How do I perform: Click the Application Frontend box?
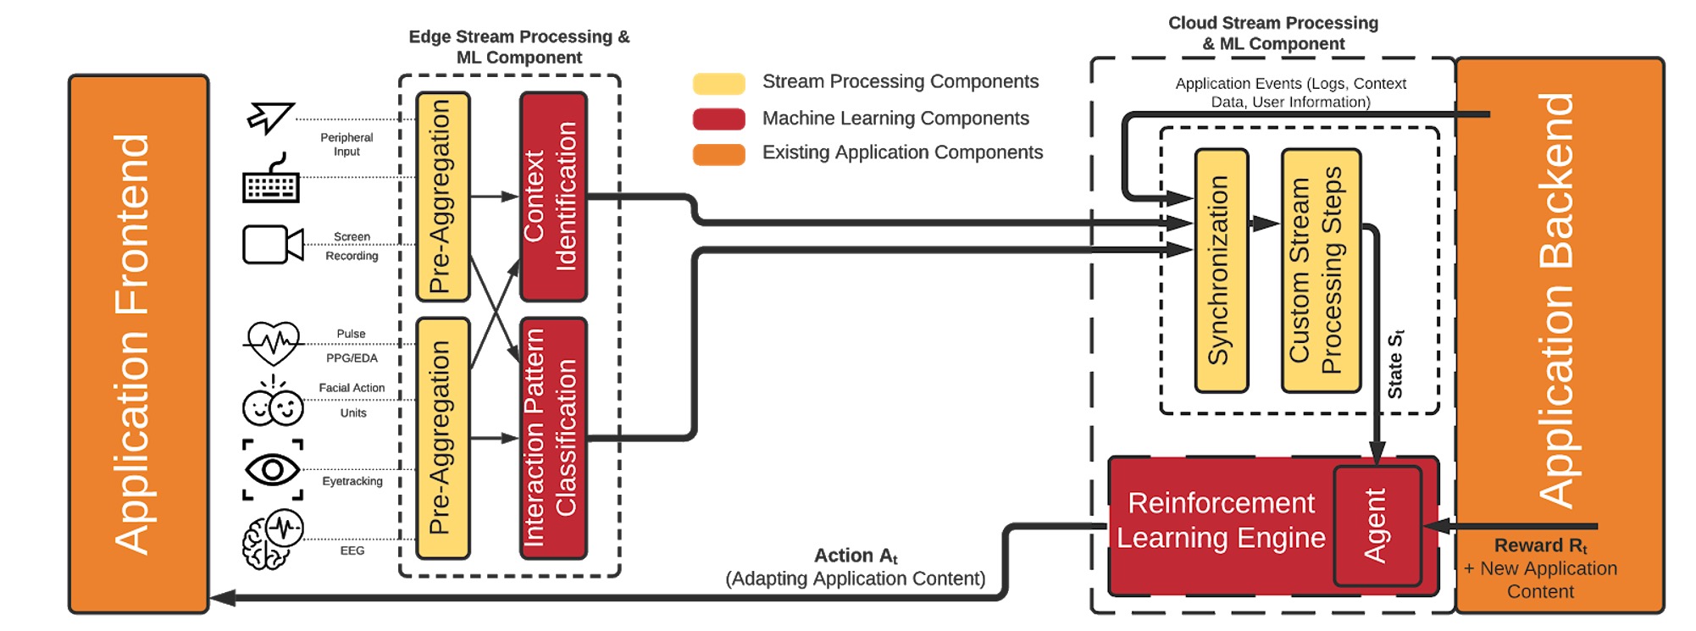coord(138,344)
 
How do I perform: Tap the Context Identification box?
coord(553,196)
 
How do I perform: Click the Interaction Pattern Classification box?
coord(553,438)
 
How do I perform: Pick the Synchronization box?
coord(1221,271)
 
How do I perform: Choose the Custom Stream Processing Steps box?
coord(1320,271)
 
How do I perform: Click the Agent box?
coord(1377,526)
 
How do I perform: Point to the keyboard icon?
coord(271,180)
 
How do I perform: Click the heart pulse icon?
coord(273,343)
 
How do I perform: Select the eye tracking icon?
coord(273,469)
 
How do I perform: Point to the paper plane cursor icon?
coord(270,118)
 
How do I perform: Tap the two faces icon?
coord(273,404)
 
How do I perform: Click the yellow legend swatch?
coord(718,83)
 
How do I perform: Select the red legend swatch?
coord(718,119)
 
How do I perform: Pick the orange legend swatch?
coord(718,154)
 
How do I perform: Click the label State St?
coord(1395,364)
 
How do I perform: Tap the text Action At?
coord(856,556)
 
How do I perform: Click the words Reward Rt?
coord(1540,545)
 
